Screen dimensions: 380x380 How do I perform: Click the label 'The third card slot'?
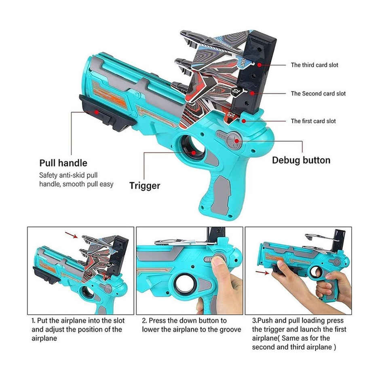click(315, 65)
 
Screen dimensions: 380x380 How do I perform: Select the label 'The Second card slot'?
click(318, 93)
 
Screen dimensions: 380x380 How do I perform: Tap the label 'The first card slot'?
click(313, 121)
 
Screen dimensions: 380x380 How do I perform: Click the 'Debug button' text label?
click(301, 160)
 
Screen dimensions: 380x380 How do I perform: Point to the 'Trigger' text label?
click(145, 186)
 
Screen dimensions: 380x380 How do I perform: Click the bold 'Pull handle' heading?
click(63, 163)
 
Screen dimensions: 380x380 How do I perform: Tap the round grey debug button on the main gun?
click(234, 141)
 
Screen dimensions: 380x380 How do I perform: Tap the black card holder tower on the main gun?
click(259, 73)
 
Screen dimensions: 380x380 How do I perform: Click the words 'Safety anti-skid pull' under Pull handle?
click(68, 175)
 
